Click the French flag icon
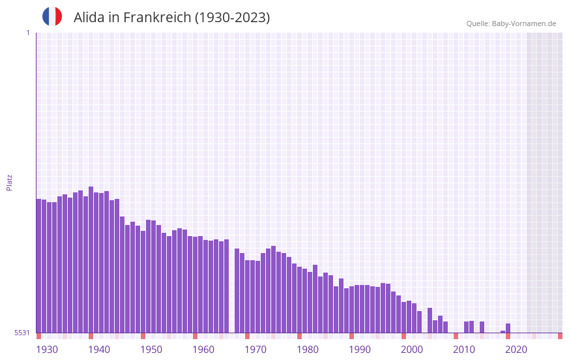52,16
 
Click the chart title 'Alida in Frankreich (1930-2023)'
171,18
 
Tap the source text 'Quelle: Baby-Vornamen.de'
511,23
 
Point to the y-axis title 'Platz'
9,182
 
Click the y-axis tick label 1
27,33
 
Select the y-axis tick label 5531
22,333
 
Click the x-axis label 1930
47,350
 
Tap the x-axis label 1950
151,350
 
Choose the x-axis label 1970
255,350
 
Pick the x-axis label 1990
360,350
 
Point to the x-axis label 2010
464,350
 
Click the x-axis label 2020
516,350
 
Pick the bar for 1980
300,299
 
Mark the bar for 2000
404,317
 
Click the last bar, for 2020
508,328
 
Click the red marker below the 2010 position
456,336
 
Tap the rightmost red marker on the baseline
560,336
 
